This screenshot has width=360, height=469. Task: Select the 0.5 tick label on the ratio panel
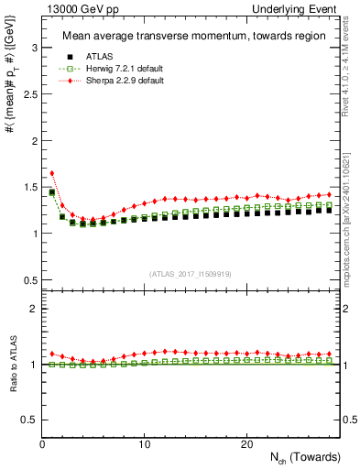pyautogui.click(x=28, y=420)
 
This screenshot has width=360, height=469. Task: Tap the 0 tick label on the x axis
pyautogui.click(x=42, y=444)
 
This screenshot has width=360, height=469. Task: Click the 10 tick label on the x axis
pyautogui.click(x=144, y=444)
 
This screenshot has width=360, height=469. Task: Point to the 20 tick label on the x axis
pyautogui.click(x=246, y=444)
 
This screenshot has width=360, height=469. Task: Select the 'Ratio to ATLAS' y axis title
pyautogui.click(x=12, y=364)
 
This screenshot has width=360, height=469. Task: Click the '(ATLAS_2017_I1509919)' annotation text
pyautogui.click(x=190, y=272)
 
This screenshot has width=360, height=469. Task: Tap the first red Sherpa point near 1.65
pyautogui.click(x=52, y=172)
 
